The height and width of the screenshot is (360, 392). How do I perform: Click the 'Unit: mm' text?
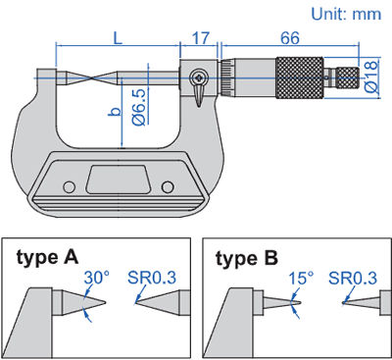click(346, 14)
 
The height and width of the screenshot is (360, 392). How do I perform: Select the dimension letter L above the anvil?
click(118, 38)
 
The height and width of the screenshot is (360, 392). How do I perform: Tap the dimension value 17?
click(200, 38)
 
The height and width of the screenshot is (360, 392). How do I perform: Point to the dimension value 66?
click(290, 38)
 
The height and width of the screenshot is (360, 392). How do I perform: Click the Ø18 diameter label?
click(371, 77)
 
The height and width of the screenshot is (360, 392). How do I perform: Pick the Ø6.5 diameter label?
click(139, 107)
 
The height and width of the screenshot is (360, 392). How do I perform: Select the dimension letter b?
click(115, 112)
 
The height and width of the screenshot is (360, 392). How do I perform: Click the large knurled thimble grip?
click(300, 77)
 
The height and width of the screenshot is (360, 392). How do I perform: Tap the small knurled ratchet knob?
click(348, 77)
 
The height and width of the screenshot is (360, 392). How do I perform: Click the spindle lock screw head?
click(198, 77)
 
